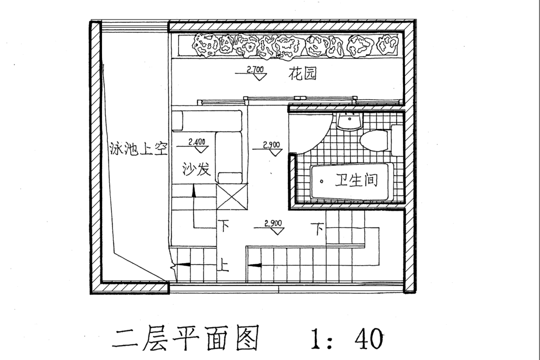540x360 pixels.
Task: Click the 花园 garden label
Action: [303, 74]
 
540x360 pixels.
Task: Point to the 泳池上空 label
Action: [137, 148]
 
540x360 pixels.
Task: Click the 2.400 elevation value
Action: [197, 141]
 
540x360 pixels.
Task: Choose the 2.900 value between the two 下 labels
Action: [272, 223]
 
